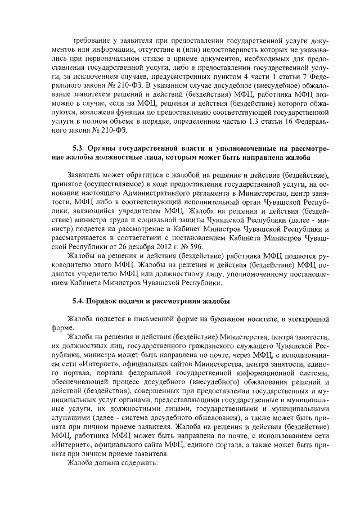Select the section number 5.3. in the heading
[x=74, y=148]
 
